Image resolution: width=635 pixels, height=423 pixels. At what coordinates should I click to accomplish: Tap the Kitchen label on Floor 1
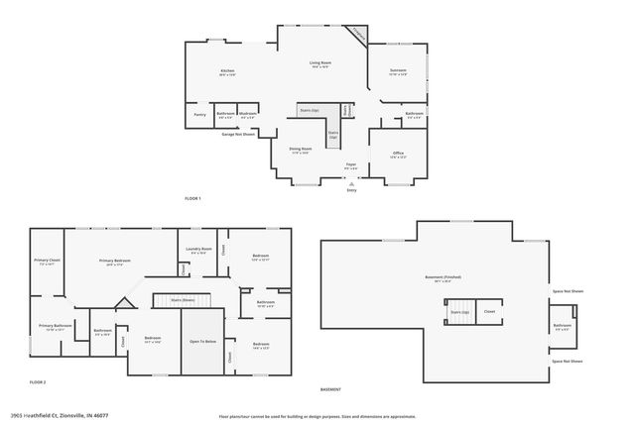(227, 72)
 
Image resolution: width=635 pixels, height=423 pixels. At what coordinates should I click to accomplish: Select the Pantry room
(200, 115)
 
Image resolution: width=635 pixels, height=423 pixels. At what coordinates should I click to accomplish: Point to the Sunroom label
(398, 71)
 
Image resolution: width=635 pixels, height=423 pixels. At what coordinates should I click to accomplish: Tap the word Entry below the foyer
(351, 189)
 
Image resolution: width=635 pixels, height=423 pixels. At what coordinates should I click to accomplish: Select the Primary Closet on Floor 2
(48, 262)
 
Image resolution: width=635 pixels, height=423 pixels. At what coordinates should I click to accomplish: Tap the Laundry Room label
(199, 250)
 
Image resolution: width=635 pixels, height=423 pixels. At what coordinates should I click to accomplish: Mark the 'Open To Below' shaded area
(202, 342)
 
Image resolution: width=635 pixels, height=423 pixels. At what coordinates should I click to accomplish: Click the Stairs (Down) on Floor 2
(183, 299)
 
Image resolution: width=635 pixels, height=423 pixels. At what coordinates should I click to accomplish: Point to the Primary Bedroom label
(115, 262)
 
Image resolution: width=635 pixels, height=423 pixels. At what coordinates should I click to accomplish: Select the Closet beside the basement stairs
(489, 311)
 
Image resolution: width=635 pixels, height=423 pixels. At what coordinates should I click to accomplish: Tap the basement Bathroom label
(562, 325)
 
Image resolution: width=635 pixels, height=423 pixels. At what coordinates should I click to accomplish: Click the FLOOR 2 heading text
(38, 382)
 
